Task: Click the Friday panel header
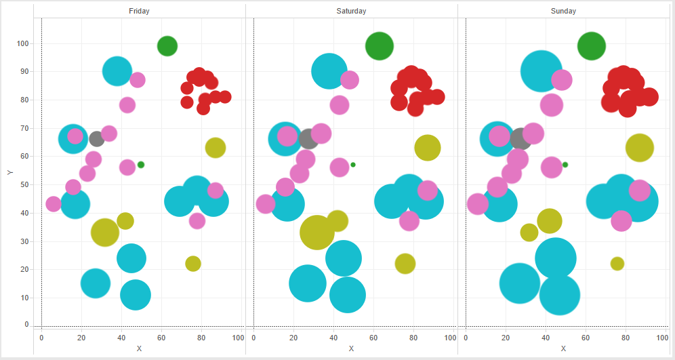click(x=139, y=11)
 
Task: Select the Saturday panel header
click(x=351, y=11)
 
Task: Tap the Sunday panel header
click(x=563, y=11)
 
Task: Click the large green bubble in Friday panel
click(x=167, y=46)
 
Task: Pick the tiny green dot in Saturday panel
click(x=353, y=165)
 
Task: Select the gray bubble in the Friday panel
click(x=97, y=139)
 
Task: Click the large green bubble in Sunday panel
click(x=592, y=46)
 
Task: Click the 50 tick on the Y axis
click(x=24, y=185)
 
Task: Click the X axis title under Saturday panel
click(x=351, y=348)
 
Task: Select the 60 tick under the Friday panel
click(x=161, y=338)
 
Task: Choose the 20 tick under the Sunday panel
click(x=506, y=338)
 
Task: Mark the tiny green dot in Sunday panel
click(x=565, y=165)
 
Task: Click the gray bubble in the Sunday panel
click(x=520, y=139)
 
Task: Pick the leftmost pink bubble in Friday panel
click(x=54, y=203)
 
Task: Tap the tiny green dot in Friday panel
click(x=141, y=165)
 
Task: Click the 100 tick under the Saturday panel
click(x=450, y=338)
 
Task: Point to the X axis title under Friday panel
click(x=139, y=348)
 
